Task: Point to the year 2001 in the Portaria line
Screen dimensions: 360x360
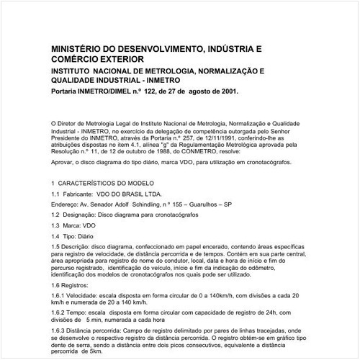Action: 224,92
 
